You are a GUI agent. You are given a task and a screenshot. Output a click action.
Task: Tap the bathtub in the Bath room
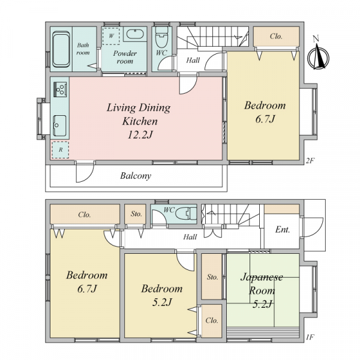pyautogui.click(x=61, y=49)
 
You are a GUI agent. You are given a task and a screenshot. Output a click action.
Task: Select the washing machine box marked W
pyautogui.click(x=111, y=36)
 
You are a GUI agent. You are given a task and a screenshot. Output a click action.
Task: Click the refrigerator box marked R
pyautogui.click(x=60, y=149)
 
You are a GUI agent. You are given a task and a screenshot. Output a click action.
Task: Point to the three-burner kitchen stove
pyautogui.click(x=60, y=89)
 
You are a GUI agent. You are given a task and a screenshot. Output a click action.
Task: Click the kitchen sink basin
pyautogui.click(x=59, y=125)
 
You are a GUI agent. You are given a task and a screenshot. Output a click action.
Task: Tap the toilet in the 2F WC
pyautogui.click(x=161, y=37)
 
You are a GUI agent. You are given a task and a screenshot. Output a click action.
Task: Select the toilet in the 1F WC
pyautogui.click(x=186, y=214)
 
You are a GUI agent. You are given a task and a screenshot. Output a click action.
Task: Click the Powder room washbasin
pyautogui.click(x=135, y=34)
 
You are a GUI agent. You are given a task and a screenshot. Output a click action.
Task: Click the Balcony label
pyautogui.click(x=136, y=176)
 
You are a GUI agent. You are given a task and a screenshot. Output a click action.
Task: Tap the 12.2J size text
pyautogui.click(x=140, y=135)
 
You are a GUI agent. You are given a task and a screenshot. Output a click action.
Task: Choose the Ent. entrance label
pyautogui.click(x=283, y=229)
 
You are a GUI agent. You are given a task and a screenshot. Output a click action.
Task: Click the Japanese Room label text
pyautogui.click(x=262, y=284)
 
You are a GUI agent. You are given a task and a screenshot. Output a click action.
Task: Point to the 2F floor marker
pyautogui.click(x=310, y=161)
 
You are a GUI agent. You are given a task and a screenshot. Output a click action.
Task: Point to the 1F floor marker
pyautogui.click(x=310, y=337)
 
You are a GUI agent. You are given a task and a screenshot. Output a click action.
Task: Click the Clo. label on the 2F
pyautogui.click(x=276, y=36)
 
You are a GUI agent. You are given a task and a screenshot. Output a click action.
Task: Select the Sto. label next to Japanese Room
pyautogui.click(x=212, y=277)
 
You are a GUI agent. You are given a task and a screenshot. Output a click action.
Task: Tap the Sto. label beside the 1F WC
pyautogui.click(x=136, y=214)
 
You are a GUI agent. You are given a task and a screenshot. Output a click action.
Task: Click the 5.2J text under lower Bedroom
pyautogui.click(x=162, y=302)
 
